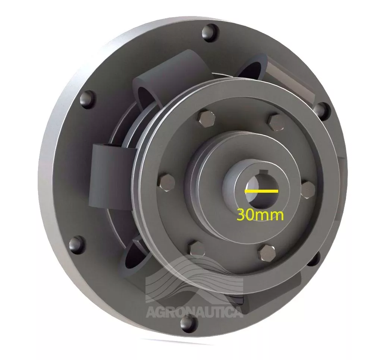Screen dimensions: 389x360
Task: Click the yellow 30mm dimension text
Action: [260, 215]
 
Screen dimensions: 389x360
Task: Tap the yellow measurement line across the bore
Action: [261, 191]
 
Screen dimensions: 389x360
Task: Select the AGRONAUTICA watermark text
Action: [194, 312]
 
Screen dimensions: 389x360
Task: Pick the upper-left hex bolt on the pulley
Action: [206, 117]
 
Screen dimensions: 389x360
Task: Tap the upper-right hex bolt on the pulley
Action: [276, 120]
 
